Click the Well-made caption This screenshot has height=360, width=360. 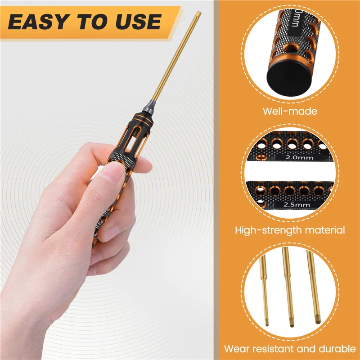click(x=291, y=111)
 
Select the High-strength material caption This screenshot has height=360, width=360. click(x=290, y=230)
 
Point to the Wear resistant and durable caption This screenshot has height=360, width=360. click(x=290, y=348)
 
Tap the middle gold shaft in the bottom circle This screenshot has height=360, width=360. click(x=288, y=288)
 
